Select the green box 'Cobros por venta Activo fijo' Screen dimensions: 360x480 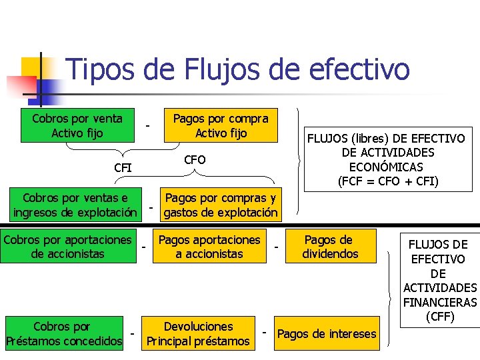tap(77, 126)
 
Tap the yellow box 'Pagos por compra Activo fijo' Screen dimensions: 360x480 tap(221, 126)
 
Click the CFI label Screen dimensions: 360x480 tap(123, 167)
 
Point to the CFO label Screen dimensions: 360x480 tap(195, 160)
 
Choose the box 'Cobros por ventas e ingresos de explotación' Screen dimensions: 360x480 tap(75, 205)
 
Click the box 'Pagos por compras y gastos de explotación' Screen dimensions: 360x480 tap(221, 205)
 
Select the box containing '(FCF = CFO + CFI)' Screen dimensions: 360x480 tap(385, 159)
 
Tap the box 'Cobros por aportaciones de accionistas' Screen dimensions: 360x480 tap(67, 247)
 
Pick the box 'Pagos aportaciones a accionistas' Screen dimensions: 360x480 tap(209, 247)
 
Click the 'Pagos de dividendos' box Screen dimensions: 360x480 tap(330, 247)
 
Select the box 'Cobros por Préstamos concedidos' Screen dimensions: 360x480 tap(64, 334)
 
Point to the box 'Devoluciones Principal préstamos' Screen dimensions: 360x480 tap(199, 334)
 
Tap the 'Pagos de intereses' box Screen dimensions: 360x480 tap(326, 334)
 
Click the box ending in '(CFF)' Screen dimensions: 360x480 tap(439, 280)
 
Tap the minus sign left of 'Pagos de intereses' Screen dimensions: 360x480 tap(265, 331)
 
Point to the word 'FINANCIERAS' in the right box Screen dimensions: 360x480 tap(439, 302)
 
